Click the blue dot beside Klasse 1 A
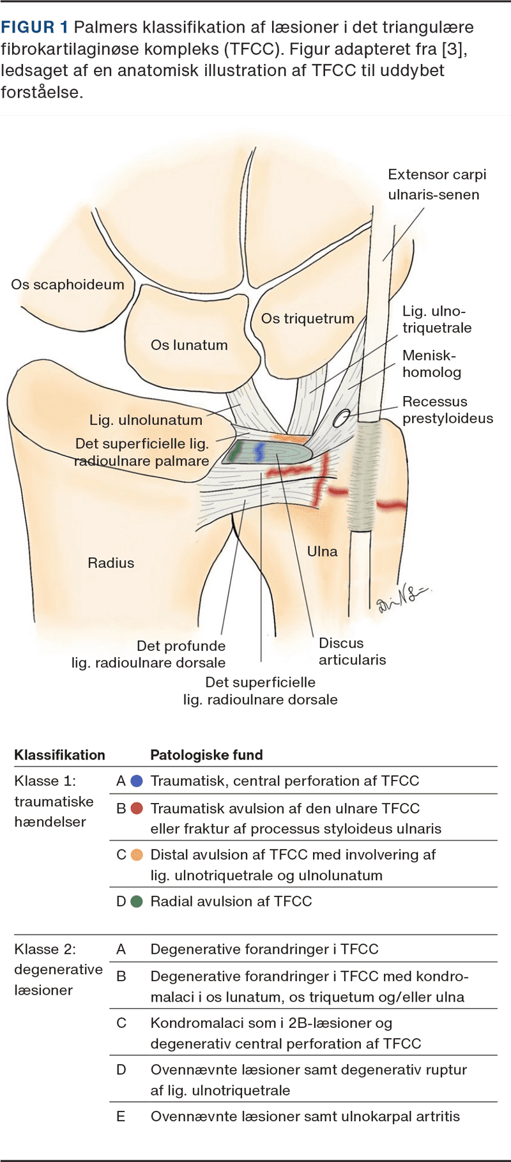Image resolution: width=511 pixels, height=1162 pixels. coord(137,781)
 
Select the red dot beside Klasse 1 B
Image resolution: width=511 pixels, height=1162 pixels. coord(137,808)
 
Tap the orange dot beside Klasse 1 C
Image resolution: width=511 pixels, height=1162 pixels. coord(137,855)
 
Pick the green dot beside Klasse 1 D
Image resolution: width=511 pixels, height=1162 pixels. coord(137,901)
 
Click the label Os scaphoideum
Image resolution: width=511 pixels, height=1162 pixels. coord(68,284)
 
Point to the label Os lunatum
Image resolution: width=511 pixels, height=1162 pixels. coord(189,345)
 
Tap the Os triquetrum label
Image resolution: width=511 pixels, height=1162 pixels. coord(307,318)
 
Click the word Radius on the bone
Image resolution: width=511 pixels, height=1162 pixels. coord(111,563)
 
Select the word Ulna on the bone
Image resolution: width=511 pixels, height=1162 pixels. coord(322,551)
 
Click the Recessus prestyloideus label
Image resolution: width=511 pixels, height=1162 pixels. coord(447,410)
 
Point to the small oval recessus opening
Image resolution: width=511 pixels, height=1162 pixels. coord(342,418)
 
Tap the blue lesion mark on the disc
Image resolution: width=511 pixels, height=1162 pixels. coord(259,452)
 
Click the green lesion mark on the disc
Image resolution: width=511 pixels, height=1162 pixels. coord(235,451)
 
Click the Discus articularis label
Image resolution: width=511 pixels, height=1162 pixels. coord(352,652)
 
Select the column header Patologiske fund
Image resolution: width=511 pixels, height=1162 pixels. coord(206,755)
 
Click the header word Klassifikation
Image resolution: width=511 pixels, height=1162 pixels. coord(59,755)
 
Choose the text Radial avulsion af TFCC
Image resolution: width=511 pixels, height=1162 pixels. coord(231,901)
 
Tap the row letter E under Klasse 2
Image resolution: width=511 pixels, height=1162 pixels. coord(121,1116)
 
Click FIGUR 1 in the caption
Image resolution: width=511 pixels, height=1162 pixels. coord(34,27)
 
